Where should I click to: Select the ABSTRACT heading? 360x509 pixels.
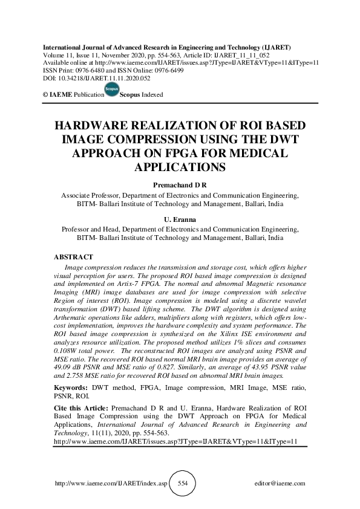pyautogui.click(x=74, y=257)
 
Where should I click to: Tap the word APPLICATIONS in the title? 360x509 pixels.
pyautogui.click(x=180, y=166)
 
